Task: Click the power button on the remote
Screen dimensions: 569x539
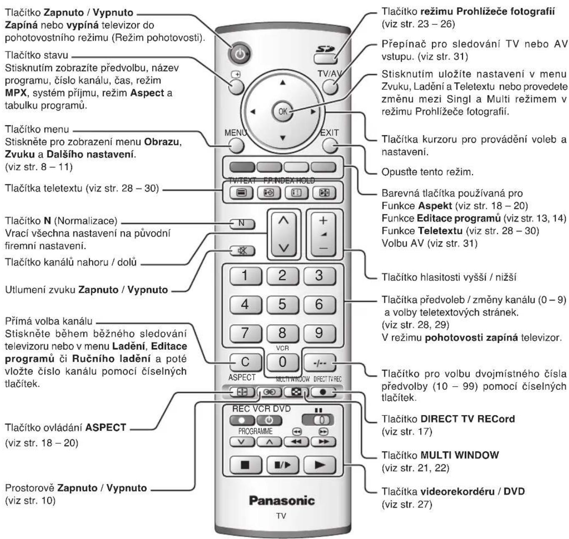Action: point(239,54)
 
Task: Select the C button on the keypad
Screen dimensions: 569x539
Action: point(246,362)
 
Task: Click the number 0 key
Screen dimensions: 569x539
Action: point(282,362)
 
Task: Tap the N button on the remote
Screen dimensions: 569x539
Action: point(242,224)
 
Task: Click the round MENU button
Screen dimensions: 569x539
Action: point(236,145)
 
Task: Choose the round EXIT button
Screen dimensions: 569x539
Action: point(330,145)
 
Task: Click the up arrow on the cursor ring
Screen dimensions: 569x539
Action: point(283,83)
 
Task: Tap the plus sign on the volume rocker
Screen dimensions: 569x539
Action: point(323,221)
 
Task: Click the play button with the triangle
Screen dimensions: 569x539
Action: point(319,465)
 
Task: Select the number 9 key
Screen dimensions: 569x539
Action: point(319,333)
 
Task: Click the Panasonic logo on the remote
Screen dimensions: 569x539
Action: point(282,501)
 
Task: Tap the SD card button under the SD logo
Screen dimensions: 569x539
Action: point(325,59)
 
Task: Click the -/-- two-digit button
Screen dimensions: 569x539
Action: point(320,363)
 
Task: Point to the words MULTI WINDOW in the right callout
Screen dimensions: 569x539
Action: point(460,455)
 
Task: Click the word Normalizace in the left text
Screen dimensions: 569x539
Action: point(86,221)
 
